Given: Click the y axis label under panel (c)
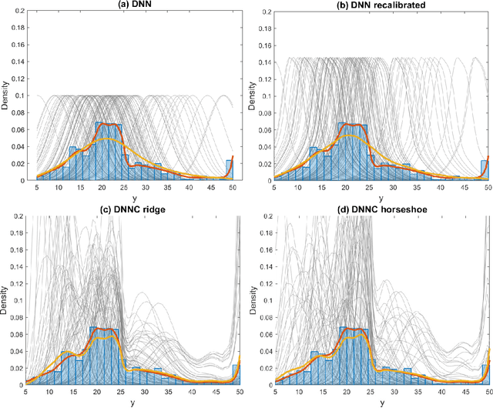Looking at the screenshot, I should [x=132, y=403].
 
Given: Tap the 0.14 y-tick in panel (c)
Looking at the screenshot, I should [x=17, y=267].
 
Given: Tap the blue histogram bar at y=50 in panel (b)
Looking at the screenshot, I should [x=484, y=170].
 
